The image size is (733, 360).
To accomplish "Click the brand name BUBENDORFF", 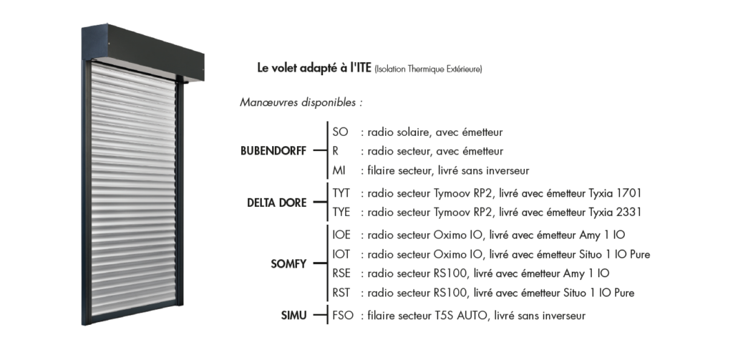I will point(273,152).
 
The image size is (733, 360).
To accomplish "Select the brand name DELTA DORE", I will point(276,203).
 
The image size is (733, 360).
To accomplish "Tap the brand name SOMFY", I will point(289,264).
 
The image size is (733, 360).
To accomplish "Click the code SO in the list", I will point(340,132).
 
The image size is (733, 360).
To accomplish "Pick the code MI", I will point(339,170).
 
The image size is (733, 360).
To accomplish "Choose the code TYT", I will point(342,193).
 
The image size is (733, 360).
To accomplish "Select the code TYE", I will point(342,213).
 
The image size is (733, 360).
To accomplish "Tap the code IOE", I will point(343,235).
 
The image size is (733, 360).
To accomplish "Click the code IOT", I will point(343,254).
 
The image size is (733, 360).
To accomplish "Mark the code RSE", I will point(342,273).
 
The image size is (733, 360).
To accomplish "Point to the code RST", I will point(342,293).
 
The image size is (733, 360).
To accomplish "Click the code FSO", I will point(344,316).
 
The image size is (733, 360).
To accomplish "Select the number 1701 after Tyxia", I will point(627,193).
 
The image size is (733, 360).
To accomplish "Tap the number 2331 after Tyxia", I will point(627,213).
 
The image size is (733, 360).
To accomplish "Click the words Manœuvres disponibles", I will point(301,102).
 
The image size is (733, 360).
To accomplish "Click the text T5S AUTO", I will point(463,316).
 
